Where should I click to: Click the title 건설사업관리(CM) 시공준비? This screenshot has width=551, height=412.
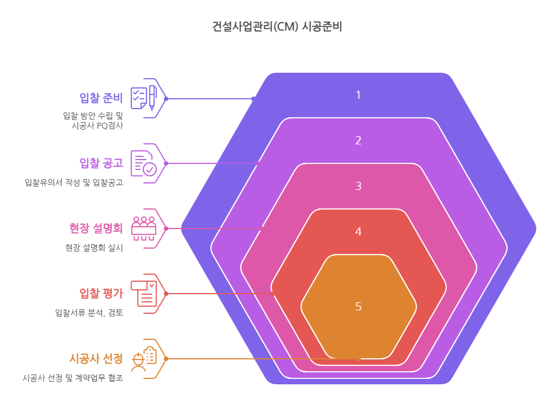pyautogui.click(x=277, y=27)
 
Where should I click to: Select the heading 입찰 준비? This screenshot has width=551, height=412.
pyautogui.click(x=101, y=98)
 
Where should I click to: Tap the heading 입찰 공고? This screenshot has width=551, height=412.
pyautogui.click(x=101, y=163)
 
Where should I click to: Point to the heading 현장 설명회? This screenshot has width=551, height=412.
pyautogui.click(x=97, y=228)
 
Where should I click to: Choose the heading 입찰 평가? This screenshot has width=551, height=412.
pyautogui.click(x=101, y=293)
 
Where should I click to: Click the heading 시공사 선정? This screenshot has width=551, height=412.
pyautogui.click(x=97, y=358)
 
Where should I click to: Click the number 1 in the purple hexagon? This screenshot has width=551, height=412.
pyautogui.click(x=358, y=95)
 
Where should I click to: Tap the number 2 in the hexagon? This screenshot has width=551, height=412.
pyautogui.click(x=358, y=141)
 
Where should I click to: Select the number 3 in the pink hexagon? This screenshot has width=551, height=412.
pyautogui.click(x=358, y=186)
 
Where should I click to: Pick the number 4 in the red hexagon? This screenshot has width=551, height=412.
pyautogui.click(x=358, y=231)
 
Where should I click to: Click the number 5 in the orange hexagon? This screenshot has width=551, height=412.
pyautogui.click(x=358, y=307)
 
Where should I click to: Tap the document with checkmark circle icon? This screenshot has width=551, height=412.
pyautogui.click(x=144, y=163)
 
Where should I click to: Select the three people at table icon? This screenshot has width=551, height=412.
pyautogui.click(x=144, y=229)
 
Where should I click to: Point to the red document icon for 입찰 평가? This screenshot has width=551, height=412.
pyautogui.click(x=144, y=294)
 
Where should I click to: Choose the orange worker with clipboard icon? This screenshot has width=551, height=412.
pyautogui.click(x=144, y=358)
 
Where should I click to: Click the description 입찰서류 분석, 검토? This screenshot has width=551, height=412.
pyautogui.click(x=89, y=313)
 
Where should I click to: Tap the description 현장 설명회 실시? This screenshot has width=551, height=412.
pyautogui.click(x=94, y=248)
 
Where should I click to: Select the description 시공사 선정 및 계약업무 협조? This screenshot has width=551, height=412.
pyautogui.click(x=73, y=378)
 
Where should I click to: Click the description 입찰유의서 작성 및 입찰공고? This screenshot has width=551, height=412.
pyautogui.click(x=74, y=182)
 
